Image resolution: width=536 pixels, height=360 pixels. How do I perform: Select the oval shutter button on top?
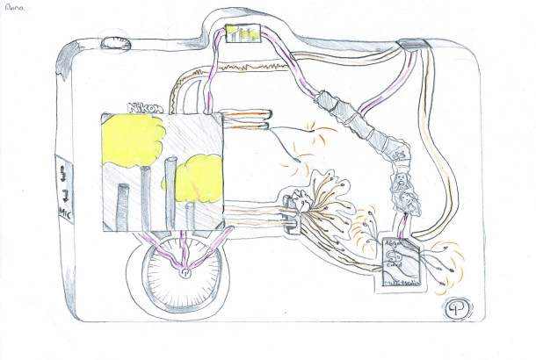113,42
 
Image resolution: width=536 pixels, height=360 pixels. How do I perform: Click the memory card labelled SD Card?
399,262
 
